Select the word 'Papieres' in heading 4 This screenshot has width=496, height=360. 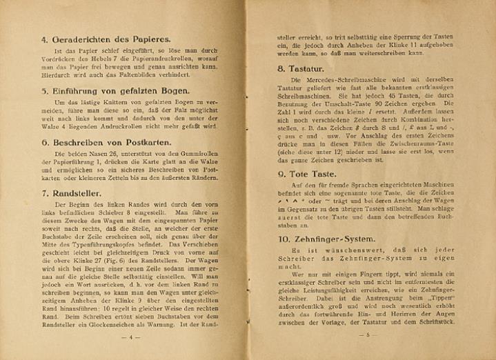point(149,39)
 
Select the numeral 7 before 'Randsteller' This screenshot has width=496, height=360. point(44,194)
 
